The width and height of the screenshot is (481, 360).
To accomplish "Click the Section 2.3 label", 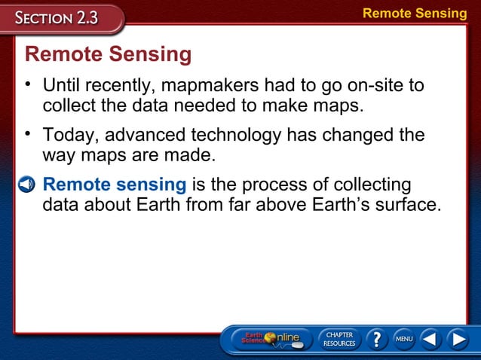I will [x=60, y=17].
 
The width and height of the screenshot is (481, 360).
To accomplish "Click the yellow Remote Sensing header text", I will [x=415, y=13].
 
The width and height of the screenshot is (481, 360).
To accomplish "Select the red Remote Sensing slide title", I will [x=109, y=55].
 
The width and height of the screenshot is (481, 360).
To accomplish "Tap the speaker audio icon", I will [x=26, y=185].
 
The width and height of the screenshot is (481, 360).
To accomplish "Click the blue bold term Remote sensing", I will [x=115, y=185].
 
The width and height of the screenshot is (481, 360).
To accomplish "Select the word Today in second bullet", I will [x=70, y=136].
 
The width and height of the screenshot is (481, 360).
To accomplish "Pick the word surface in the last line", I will [x=408, y=204].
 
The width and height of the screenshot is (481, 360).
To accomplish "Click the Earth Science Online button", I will [x=270, y=340].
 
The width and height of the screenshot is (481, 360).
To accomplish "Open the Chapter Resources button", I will [x=339, y=340].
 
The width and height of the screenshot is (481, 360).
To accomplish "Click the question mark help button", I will [x=376, y=340].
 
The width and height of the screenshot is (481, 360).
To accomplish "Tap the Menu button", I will [x=404, y=340].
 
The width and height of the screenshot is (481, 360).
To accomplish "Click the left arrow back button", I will [x=430, y=340].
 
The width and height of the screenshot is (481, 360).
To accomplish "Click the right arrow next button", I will [x=457, y=340].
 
